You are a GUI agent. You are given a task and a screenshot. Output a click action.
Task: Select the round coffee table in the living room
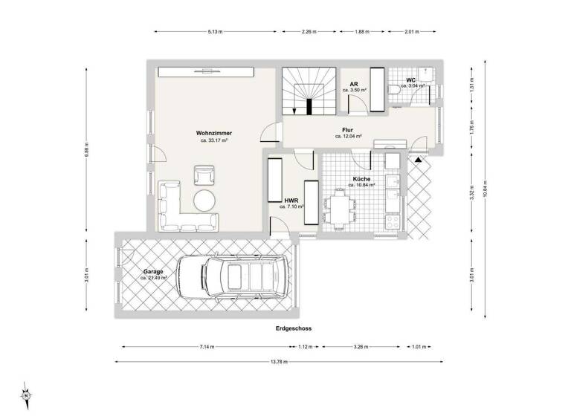point(204,199)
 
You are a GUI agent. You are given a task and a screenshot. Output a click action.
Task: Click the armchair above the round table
point(204,175)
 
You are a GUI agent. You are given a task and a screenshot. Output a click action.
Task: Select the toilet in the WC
point(395,88)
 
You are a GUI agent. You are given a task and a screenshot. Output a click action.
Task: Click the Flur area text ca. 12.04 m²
point(347,137)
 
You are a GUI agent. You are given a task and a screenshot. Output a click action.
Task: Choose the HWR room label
point(291,200)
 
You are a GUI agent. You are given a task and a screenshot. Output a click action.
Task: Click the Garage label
point(154,271)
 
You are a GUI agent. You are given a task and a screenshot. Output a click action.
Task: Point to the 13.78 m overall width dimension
point(279,362)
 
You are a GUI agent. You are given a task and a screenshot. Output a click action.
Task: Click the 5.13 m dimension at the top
point(216,32)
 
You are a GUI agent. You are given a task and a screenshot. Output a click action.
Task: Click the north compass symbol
point(25,394)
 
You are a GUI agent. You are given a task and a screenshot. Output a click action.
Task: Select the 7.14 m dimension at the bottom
point(205,346)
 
